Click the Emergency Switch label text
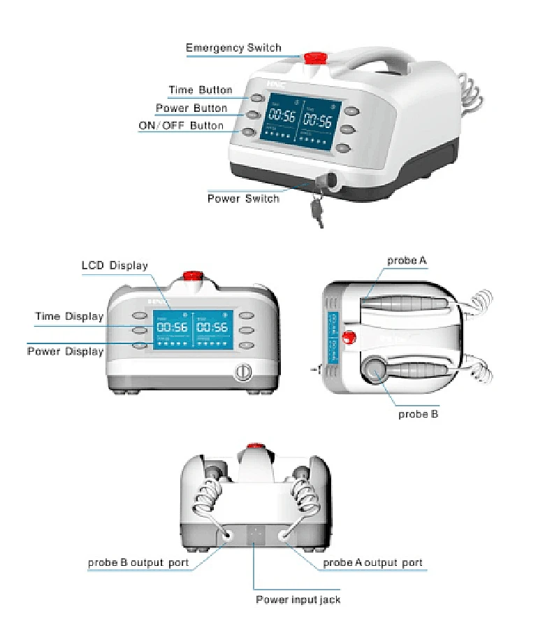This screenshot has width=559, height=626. coord(233,48)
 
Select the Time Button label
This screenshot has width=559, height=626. coord(200,90)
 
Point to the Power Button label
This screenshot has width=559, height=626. coord(191,108)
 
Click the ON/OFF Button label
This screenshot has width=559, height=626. coord(181,126)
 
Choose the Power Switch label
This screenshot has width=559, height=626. coord(243,199)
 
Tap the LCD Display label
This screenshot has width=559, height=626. coord(115,266)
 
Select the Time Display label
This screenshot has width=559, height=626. coord(69,317)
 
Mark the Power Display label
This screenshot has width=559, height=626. coord(65,351)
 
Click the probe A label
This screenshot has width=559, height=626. coord(407,260)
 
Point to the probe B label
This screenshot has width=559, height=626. coord(418,414)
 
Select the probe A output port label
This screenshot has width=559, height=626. coord(372,562)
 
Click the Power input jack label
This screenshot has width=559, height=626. coord(298,599)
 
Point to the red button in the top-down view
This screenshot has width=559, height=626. coord(351,339)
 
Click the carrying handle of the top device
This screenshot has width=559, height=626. coord(377,63)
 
